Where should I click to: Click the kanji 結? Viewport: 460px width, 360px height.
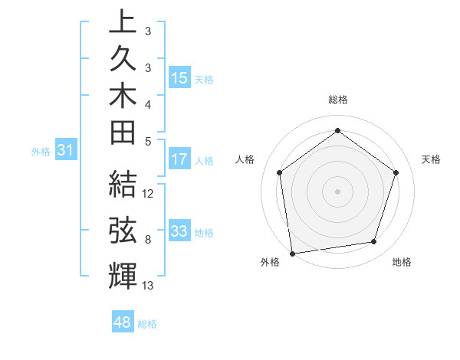(x=123, y=185)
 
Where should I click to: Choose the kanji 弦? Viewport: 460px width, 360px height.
(x=123, y=231)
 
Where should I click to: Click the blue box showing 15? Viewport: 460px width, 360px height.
(x=179, y=77)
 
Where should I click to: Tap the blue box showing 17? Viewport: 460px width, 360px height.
(x=179, y=159)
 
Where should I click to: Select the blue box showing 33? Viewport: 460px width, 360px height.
(x=179, y=231)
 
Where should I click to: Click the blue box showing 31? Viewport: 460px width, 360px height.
(x=66, y=151)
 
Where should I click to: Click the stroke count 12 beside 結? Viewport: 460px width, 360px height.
(x=149, y=194)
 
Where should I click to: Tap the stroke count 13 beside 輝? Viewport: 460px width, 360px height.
(x=148, y=286)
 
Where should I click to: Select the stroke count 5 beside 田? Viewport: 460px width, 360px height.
(x=147, y=141)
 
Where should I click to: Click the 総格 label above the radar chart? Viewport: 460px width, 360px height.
(x=337, y=100)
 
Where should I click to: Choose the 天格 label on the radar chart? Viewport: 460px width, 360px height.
(x=432, y=159)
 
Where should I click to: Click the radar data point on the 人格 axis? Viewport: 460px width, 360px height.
(x=279, y=172)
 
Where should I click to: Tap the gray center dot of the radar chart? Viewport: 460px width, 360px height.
(x=337, y=191)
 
